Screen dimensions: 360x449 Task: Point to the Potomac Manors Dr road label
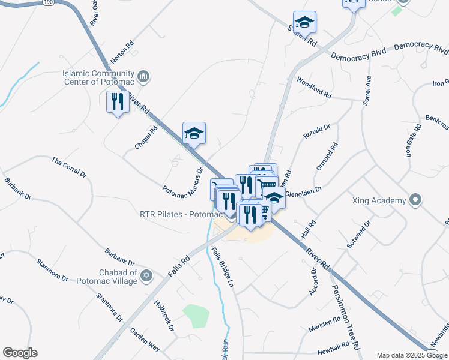(184, 181)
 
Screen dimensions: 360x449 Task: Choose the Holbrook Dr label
(163, 316)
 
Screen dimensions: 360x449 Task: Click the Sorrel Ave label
(367, 91)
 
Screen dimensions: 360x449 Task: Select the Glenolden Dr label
(304, 190)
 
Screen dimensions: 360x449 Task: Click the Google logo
(20, 353)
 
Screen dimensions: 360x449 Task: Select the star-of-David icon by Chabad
(145, 277)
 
